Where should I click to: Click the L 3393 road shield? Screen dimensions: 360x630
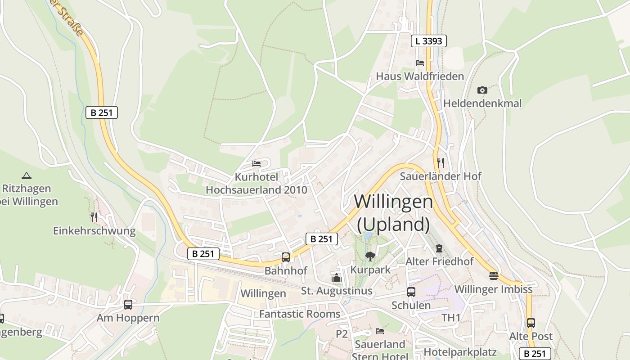pos(429,41)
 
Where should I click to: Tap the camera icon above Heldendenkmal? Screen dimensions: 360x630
pos(482,90)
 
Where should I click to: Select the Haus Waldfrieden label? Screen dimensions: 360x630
pos(420,76)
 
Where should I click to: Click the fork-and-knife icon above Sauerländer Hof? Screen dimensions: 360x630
pos(441,162)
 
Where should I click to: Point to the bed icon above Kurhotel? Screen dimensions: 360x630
pos(256,163)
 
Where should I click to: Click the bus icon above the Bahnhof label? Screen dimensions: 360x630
pos(286,257)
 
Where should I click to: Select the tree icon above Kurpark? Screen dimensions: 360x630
pos(370,256)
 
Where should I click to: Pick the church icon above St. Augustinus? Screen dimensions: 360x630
pos(337,278)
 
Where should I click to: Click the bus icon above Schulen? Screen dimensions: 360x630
pos(411,292)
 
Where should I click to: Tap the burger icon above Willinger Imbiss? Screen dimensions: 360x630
pos(494,276)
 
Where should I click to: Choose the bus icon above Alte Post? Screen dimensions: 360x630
pos(531,323)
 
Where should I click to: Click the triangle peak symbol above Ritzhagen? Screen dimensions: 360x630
pos(27,175)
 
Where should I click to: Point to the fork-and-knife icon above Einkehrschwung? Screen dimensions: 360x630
pos(94,217)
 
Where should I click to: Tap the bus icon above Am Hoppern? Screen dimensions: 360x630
pos(128,305)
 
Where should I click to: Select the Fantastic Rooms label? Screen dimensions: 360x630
pos(300,314)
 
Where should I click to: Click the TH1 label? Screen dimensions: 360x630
pos(451,318)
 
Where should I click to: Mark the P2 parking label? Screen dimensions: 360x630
pos(342,334)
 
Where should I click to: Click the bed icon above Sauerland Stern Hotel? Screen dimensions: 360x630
pos(380,331)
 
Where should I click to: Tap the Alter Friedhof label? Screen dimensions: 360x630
pos(440,261)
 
